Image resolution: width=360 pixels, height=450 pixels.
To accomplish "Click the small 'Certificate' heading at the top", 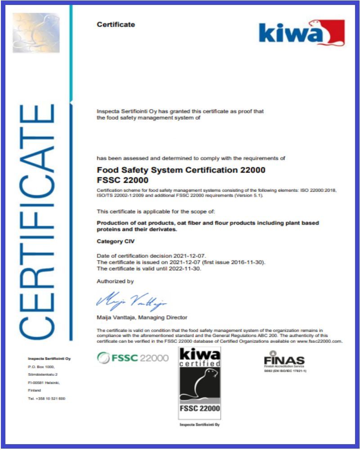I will tap(116, 24).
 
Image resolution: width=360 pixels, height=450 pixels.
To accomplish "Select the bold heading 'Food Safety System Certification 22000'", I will tap(181, 170).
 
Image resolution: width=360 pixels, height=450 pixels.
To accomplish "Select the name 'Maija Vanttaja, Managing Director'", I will tap(142, 317).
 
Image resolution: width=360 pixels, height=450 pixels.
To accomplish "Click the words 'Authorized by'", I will tap(115, 281).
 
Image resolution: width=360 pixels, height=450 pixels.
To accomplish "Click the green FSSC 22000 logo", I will tap(133, 358).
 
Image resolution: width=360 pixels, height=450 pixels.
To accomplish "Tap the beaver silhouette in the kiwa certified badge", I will tap(200, 382).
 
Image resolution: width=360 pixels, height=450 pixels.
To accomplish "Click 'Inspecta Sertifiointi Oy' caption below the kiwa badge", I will tap(199, 424).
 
